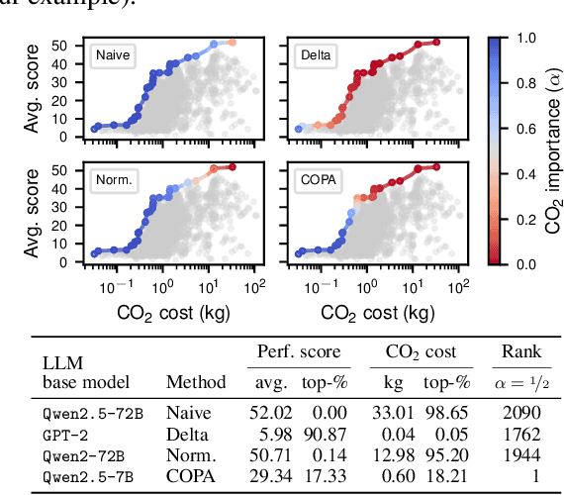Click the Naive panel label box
[x=111, y=57]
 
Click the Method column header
[x=196, y=381]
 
